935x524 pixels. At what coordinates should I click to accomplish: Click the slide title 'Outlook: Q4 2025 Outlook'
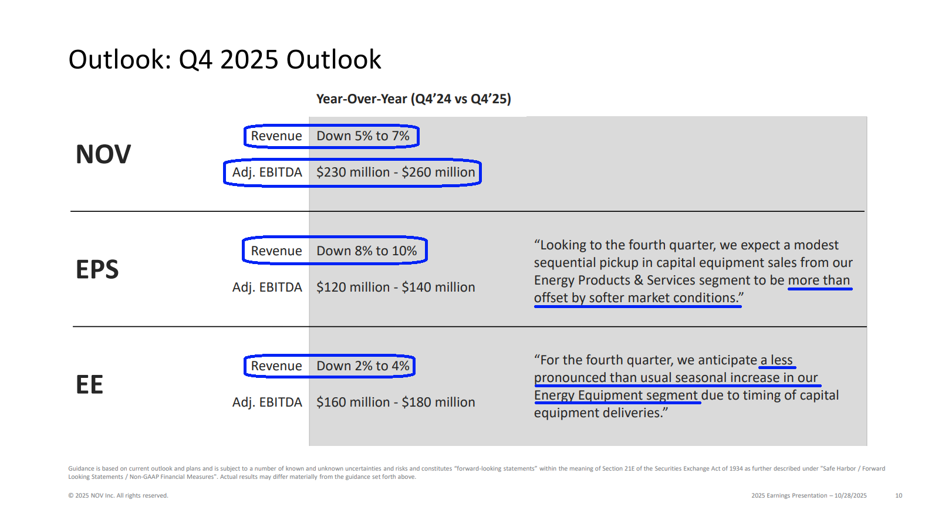point(225,60)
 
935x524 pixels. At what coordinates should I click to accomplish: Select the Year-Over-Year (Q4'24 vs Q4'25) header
point(413,99)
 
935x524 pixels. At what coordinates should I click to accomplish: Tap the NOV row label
point(103,154)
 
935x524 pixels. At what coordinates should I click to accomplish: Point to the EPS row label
point(97,269)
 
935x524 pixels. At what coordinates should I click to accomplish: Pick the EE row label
point(90,384)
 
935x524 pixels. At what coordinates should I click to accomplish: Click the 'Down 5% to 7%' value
point(363,136)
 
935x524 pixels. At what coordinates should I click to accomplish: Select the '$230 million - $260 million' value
point(396,173)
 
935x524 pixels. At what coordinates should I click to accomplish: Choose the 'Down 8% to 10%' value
point(367,251)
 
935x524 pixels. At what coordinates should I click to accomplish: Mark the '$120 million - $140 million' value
point(396,288)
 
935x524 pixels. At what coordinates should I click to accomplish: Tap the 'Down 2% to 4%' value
point(363,366)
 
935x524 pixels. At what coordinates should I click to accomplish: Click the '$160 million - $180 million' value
point(396,403)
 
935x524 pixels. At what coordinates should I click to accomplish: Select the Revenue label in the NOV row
point(276,136)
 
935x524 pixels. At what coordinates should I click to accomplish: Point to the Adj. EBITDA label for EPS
point(267,288)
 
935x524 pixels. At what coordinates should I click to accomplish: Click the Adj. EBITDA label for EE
point(267,403)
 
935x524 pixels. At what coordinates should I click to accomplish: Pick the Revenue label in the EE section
point(276,366)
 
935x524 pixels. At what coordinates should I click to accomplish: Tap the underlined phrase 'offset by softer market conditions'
point(637,298)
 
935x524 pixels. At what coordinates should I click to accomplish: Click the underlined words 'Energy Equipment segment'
point(616,395)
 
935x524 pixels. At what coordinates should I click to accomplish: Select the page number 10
point(899,496)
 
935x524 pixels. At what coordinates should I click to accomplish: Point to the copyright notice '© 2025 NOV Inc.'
point(118,496)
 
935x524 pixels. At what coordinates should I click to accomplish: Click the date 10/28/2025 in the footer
point(850,496)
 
